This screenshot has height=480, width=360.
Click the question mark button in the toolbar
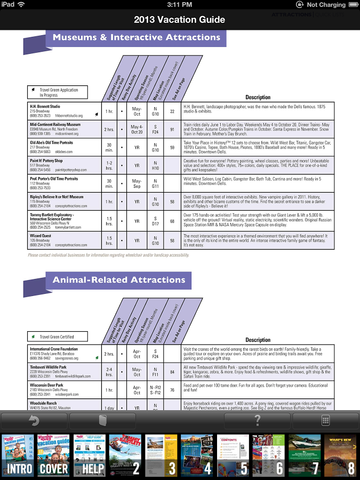258,421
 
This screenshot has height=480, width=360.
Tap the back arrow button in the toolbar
34,421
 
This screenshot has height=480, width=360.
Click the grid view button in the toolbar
325,421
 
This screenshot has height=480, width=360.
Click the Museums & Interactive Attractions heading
136,38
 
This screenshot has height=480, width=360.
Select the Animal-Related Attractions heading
118,280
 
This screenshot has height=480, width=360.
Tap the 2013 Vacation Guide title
180,20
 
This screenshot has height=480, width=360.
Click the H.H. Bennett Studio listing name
45,107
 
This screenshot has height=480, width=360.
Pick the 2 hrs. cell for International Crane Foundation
109,354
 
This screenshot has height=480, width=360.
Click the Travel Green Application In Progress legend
58,92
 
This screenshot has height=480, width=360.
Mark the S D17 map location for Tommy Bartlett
155,221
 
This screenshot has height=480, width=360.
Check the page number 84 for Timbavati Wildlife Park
172,372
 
